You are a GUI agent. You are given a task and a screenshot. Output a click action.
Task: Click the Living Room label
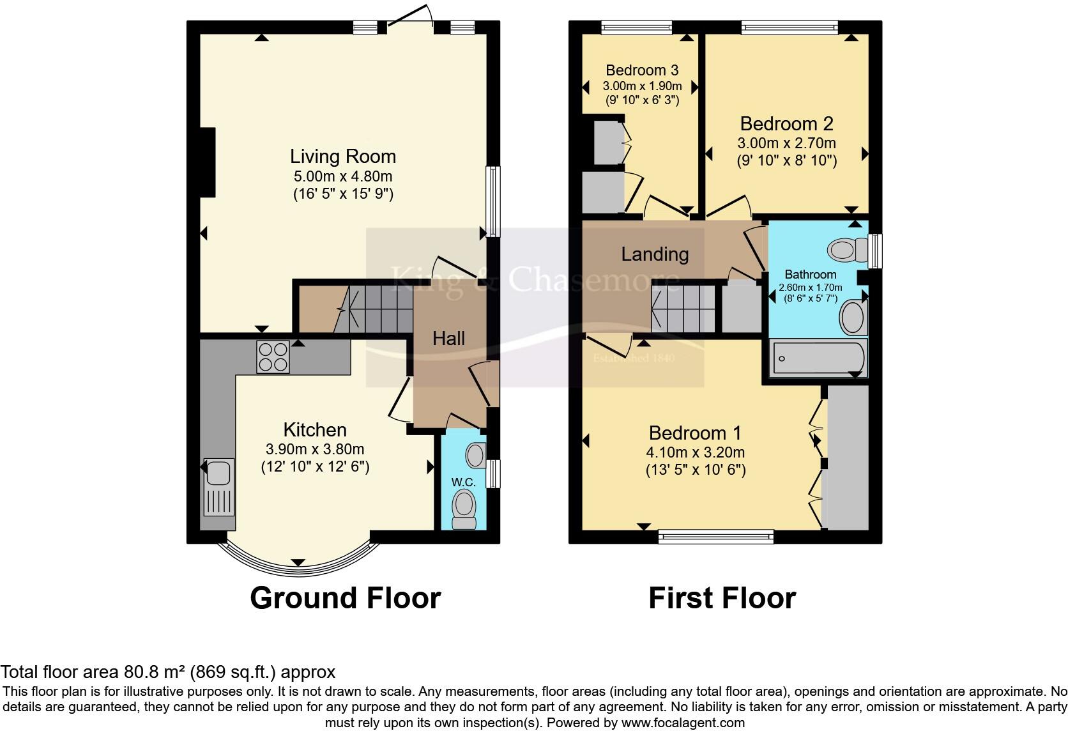pyautogui.click(x=343, y=157)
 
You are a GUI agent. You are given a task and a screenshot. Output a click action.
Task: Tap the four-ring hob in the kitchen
pyautogui.click(x=273, y=357)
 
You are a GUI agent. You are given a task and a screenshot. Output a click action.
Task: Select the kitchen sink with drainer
pyautogui.click(x=218, y=487)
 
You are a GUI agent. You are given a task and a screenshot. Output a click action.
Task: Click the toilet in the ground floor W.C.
pyautogui.click(x=464, y=509)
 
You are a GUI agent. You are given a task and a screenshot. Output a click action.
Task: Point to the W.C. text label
pyautogui.click(x=463, y=482)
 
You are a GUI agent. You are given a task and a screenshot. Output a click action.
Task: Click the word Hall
pyautogui.click(x=448, y=339)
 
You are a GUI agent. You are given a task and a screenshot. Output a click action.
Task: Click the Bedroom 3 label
pyautogui.click(x=642, y=70)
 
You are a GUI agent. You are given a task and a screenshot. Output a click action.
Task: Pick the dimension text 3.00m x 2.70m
pyautogui.click(x=786, y=143)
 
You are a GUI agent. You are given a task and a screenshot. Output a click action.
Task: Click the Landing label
pyautogui.click(x=655, y=254)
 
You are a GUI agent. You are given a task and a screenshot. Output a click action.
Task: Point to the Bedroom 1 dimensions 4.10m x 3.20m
pyautogui.click(x=695, y=452)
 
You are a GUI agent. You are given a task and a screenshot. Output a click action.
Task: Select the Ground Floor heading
pyautogui.click(x=345, y=598)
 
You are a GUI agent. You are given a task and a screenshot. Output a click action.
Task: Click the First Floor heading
pyautogui.click(x=722, y=598)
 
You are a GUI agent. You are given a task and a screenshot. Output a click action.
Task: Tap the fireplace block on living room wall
pyautogui.click(x=207, y=162)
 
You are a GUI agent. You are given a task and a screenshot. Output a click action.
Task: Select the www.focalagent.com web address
pyautogui.click(x=682, y=723)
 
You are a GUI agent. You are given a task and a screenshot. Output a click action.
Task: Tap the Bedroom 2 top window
pyautogui.click(x=790, y=27)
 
